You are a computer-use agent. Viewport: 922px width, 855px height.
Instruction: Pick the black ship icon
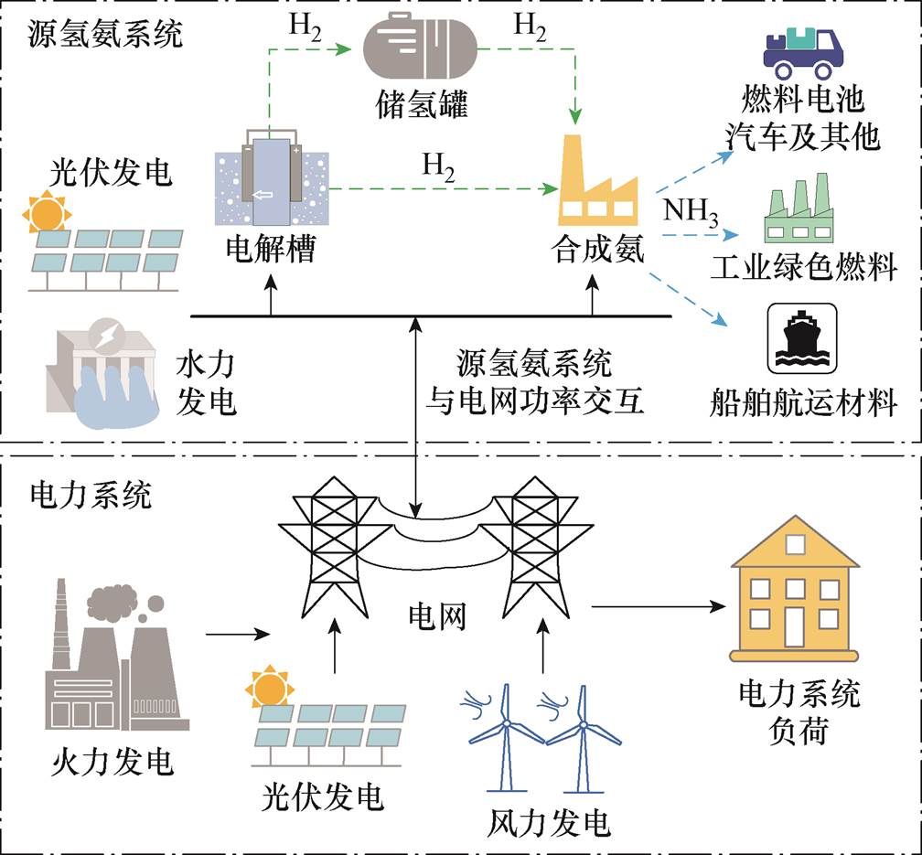(x=801, y=335)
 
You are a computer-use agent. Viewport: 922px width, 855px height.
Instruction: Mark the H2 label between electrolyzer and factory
(x=437, y=167)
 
